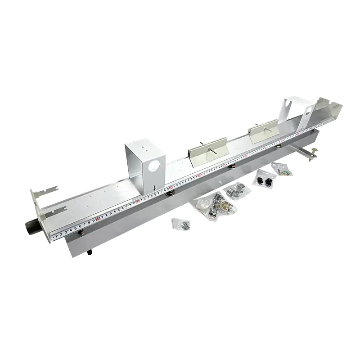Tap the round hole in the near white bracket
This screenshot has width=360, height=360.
pyautogui.click(x=153, y=165)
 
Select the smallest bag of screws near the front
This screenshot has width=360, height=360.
pyautogui.click(x=181, y=224)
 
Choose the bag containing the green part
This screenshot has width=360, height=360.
pyautogui.click(x=283, y=169)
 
